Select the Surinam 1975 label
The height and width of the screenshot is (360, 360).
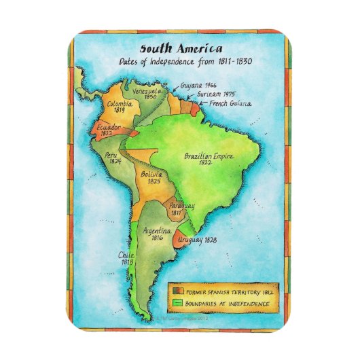point(217,96)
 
